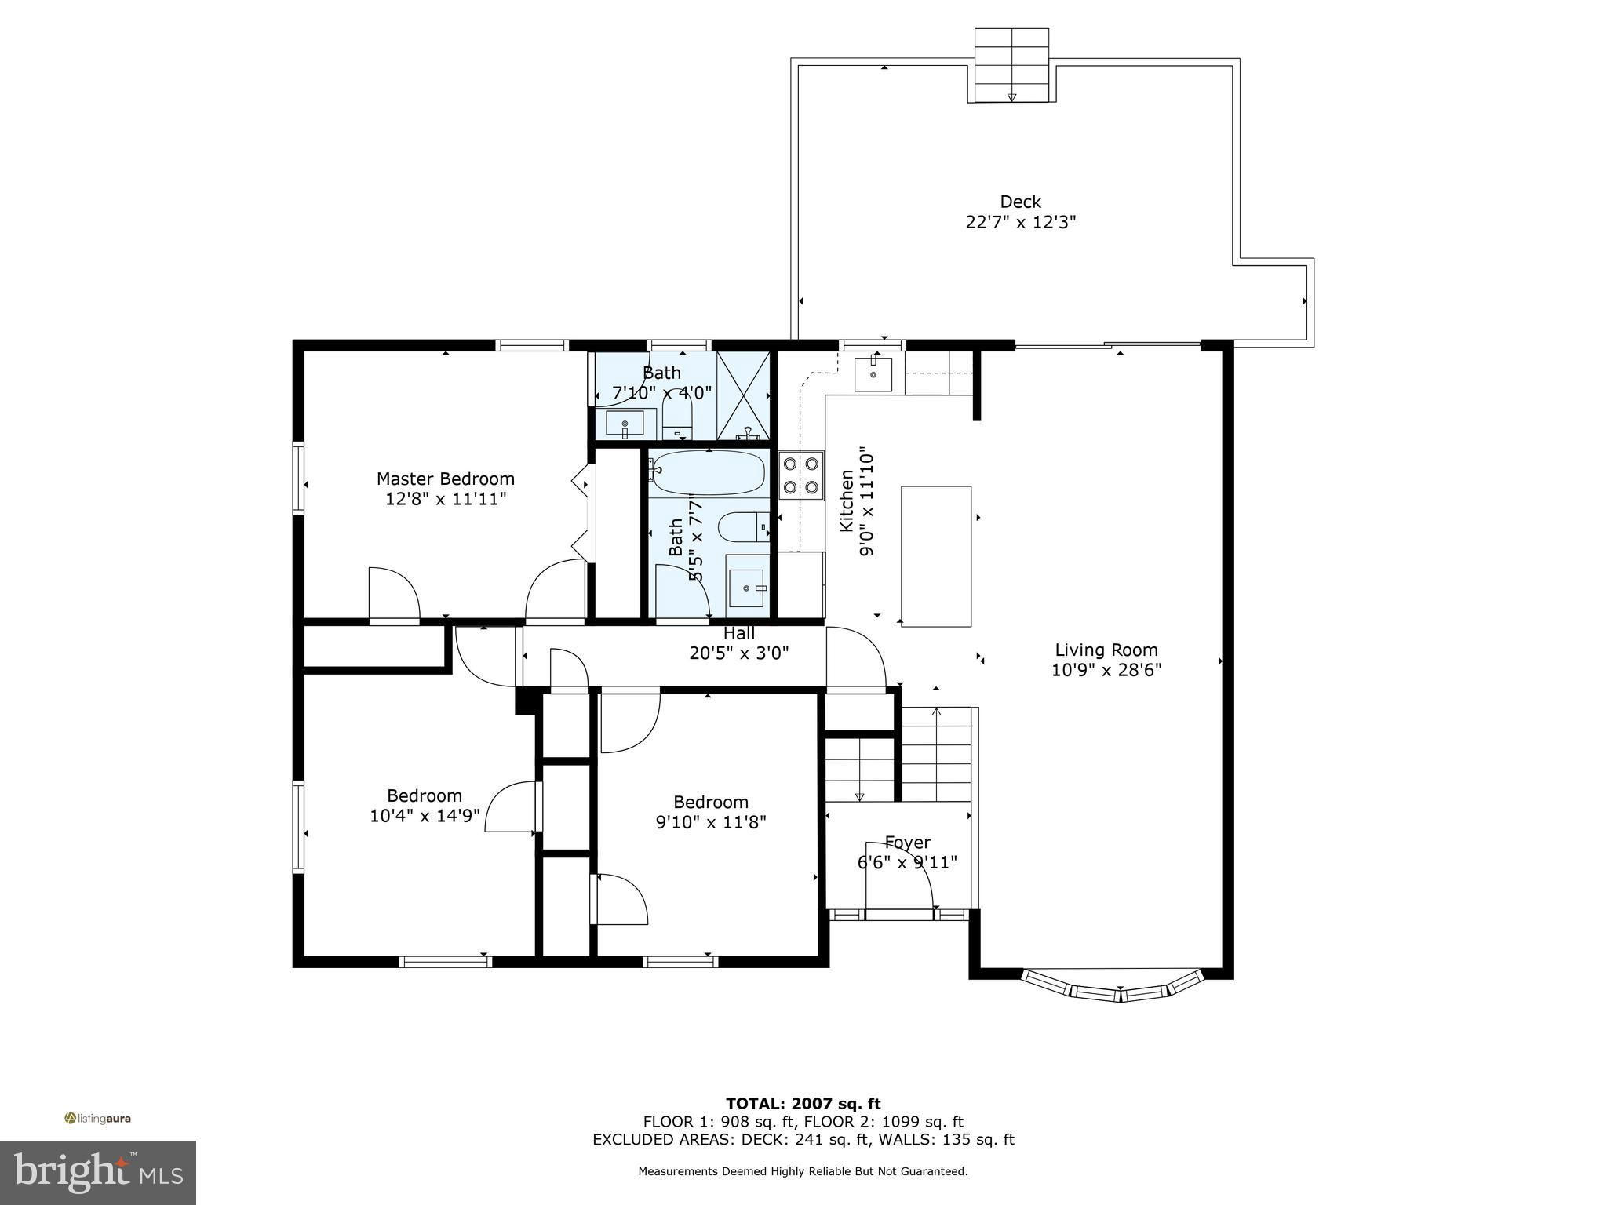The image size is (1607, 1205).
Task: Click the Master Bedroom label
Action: (x=446, y=479)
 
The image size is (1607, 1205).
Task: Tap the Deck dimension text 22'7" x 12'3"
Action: (x=1020, y=222)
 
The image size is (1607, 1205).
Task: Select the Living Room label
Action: (x=1106, y=650)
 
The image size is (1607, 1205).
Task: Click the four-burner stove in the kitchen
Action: (x=801, y=475)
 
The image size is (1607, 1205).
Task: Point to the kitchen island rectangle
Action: (x=936, y=555)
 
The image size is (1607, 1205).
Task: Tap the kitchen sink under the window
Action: (x=873, y=374)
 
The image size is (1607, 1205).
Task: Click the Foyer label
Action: (x=908, y=843)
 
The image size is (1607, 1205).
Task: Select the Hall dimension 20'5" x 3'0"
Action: (x=739, y=653)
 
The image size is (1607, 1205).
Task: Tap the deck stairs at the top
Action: (x=1011, y=65)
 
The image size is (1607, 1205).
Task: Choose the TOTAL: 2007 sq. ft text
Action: (x=803, y=1104)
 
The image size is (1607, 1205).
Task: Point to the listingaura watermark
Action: (x=97, y=1118)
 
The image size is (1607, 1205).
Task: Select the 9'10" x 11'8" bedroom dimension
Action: (x=711, y=822)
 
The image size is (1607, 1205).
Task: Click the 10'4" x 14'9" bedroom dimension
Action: (x=425, y=816)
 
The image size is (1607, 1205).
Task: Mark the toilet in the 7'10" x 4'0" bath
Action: (x=677, y=415)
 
